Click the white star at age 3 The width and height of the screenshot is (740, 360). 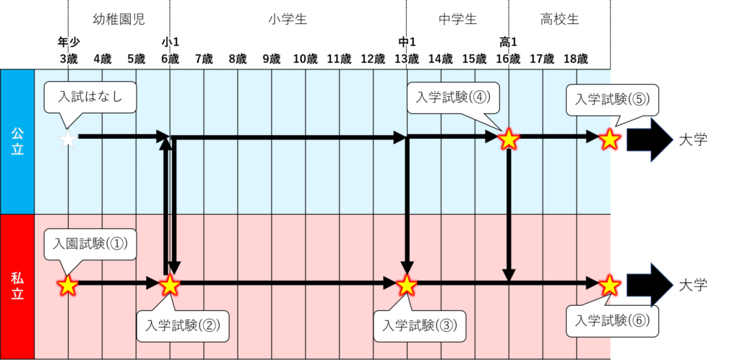click(67, 139)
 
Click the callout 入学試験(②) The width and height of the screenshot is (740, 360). click(182, 325)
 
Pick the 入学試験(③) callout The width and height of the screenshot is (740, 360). click(420, 325)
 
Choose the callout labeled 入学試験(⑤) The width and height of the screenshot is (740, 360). click(612, 100)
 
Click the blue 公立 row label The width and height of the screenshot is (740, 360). click(17, 142)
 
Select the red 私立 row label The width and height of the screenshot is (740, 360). click(17, 286)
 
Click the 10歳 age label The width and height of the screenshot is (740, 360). click(304, 59)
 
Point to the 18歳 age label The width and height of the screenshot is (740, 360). click(575, 59)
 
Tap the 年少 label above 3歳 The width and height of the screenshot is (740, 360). click(67, 42)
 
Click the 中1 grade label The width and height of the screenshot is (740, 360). click(407, 42)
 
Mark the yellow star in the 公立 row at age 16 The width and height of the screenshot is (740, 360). click(509, 138)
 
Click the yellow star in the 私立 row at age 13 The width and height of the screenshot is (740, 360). click(407, 285)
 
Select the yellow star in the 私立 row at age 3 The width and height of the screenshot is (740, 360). click(67, 285)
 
